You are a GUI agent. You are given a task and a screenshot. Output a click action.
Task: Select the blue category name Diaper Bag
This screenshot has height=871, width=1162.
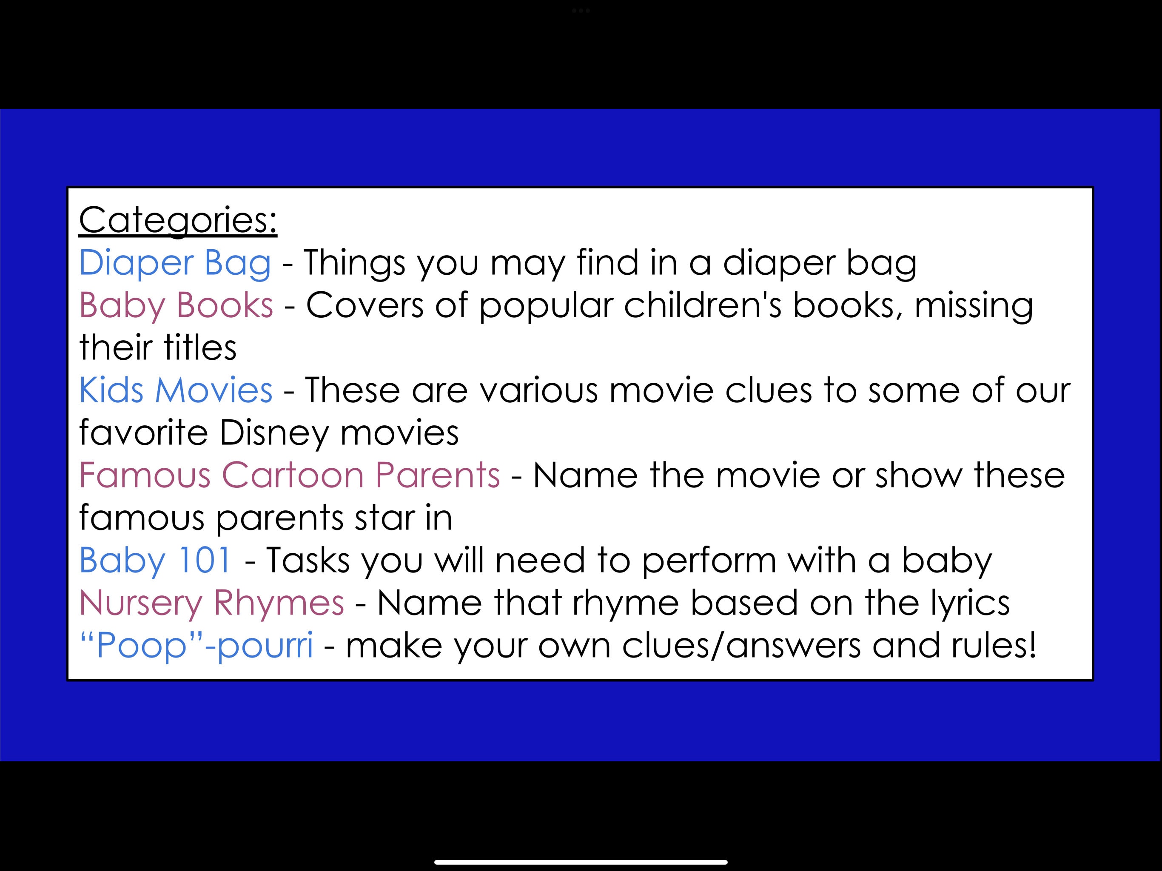point(175,263)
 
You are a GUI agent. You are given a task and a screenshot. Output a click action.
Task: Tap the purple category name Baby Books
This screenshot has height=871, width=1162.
point(176,305)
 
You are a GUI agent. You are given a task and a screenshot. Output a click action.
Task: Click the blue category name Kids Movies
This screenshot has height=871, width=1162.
point(176,390)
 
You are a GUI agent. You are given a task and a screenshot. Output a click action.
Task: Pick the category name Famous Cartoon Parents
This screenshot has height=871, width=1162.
point(289,475)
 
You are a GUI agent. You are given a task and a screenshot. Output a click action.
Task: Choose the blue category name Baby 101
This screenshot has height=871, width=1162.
point(155,560)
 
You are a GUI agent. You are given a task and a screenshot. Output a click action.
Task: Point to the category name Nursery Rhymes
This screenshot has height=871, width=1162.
point(212,603)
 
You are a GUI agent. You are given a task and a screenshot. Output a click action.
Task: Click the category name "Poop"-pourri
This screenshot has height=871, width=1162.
point(196,646)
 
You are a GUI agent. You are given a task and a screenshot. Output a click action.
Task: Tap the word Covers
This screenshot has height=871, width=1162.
point(365,305)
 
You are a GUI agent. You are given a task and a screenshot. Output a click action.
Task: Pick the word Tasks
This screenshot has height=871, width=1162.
point(308,560)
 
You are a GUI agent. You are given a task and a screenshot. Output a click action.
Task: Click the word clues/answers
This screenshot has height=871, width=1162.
point(740,646)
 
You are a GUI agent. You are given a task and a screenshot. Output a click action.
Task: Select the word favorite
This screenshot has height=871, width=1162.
point(143,433)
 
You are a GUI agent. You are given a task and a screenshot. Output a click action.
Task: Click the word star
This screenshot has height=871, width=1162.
point(384,518)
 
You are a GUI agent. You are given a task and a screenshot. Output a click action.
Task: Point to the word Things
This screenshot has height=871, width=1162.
point(355,263)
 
